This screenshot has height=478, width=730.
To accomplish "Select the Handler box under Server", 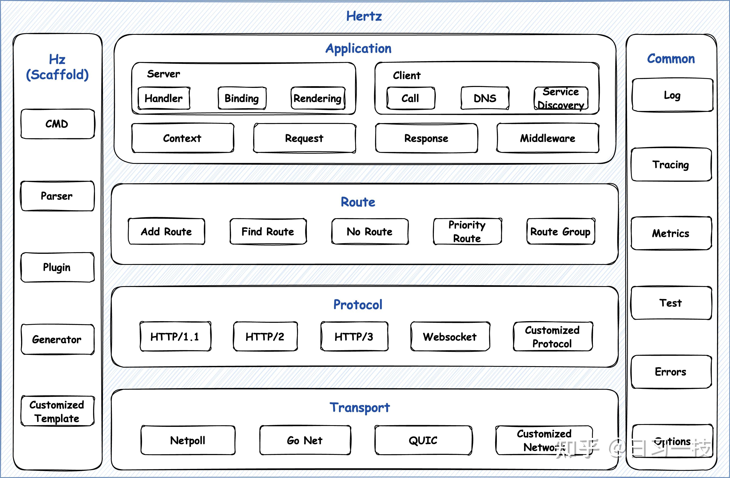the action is pos(164,98).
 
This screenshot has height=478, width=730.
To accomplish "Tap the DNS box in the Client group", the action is pos(485,98).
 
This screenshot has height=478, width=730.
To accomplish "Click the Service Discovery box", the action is pos(561,98).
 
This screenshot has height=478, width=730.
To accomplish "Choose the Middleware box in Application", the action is pos(548,138).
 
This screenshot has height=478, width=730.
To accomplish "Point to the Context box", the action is pos(182,138).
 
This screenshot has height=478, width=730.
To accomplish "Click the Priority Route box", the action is pos(467,231).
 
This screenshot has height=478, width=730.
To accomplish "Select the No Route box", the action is pos(370,231).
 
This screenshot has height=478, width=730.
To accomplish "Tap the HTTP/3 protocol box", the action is pos(354,336).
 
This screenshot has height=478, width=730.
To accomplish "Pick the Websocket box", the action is pos(450,336).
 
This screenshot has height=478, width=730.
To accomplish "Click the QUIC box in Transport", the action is pos(423,440).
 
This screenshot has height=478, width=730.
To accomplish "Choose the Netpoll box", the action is pos(188,440).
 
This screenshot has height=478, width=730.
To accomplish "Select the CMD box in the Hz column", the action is pos(58,124).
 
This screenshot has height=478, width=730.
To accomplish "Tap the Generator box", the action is pos(58,339).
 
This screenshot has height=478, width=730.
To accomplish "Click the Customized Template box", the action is pos(58,411).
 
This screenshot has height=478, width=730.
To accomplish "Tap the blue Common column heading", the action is pos(671,59).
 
